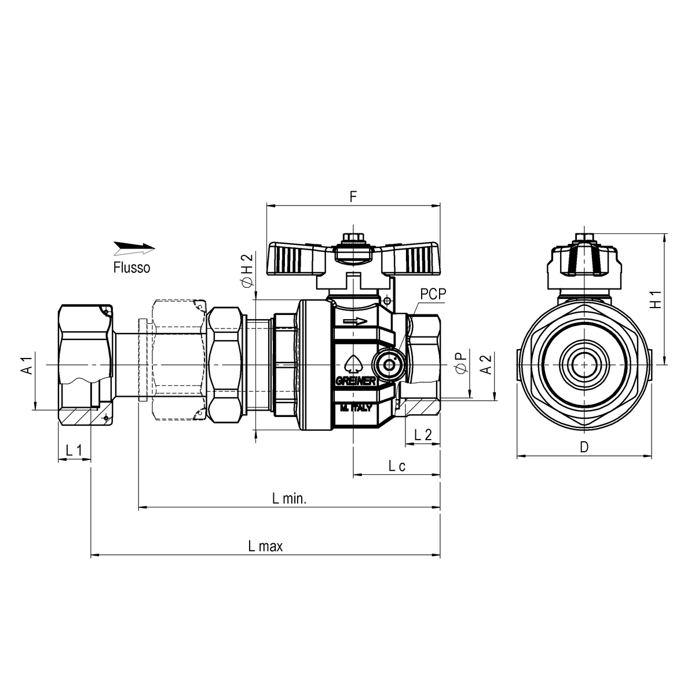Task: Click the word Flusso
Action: point(131,268)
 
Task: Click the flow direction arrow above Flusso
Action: point(134,248)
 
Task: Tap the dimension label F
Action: point(353,197)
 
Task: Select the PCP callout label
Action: point(433,294)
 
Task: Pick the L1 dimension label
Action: point(74,450)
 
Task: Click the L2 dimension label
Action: point(423,435)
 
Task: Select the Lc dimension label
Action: point(396,466)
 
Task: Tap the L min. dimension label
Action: point(289,499)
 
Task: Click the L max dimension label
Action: point(265,546)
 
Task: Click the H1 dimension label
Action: point(655,299)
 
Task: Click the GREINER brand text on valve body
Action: point(357,381)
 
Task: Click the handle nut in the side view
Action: point(584,237)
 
